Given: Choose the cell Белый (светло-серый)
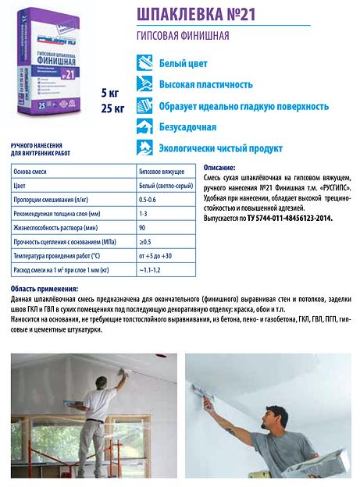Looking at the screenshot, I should click(166, 187).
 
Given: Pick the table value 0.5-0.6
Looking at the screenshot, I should click(148, 204).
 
